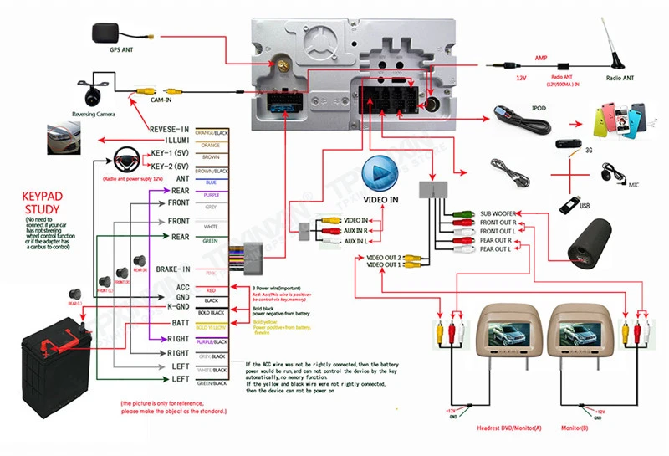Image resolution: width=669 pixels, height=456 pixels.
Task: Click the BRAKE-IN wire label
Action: pyautogui.click(x=173, y=269)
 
